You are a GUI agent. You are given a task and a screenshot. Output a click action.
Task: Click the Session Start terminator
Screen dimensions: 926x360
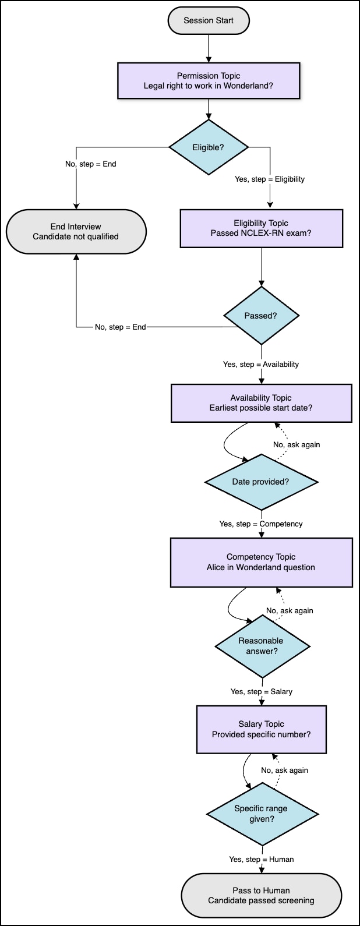209,21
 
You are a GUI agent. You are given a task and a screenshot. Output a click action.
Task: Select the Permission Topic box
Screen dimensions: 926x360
209,81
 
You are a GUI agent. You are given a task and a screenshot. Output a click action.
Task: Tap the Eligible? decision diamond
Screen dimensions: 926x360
209,147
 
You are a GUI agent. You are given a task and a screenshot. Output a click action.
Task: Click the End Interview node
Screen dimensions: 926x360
76,232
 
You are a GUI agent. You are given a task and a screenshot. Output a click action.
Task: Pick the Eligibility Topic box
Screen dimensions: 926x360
261,228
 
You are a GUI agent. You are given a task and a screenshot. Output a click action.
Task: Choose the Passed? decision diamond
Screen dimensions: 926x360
261,316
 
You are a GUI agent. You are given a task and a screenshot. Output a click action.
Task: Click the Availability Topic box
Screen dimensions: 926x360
261,403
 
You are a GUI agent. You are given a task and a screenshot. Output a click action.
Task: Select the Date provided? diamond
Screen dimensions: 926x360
261,482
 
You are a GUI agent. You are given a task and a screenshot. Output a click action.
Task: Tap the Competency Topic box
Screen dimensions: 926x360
261,562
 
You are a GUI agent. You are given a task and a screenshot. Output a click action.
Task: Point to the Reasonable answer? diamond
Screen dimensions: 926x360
262,646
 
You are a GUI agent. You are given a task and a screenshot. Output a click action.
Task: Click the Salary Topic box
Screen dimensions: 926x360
261,729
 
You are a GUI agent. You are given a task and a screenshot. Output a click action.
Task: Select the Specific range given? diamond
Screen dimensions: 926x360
262,814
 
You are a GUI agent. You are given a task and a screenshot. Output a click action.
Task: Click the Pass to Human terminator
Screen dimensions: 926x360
261,896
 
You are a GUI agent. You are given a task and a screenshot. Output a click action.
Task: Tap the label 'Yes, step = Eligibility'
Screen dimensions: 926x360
270,179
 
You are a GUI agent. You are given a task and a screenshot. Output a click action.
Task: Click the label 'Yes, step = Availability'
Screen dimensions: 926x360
261,365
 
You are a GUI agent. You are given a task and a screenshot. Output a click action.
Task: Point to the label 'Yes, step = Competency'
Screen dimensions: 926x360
261,524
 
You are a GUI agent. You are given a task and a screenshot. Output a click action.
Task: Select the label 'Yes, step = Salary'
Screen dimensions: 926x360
261,692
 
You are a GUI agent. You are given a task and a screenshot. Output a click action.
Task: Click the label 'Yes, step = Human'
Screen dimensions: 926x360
261,860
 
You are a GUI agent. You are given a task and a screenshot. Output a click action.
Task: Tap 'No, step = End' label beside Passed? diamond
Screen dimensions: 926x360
121,327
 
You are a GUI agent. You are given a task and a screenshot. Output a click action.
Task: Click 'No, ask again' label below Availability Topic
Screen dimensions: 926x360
297,445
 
